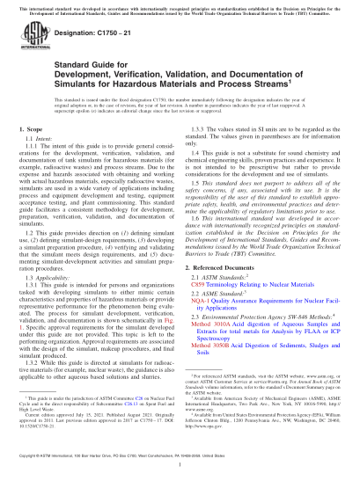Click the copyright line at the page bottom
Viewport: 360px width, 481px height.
[x=132, y=472]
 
